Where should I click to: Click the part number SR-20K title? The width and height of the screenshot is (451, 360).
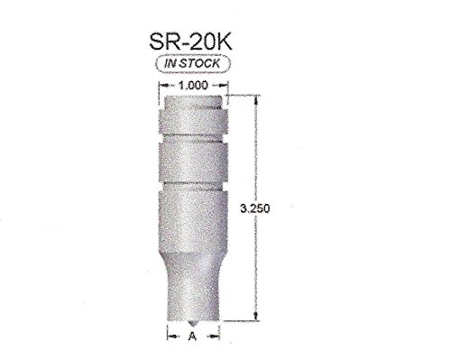(x=190, y=42)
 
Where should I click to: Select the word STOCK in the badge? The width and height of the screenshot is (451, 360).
(x=200, y=63)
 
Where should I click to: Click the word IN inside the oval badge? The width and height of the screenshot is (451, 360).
(x=170, y=63)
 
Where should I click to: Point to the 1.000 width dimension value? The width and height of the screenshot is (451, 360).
(x=193, y=86)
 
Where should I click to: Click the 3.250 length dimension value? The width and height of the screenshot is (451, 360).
(x=255, y=208)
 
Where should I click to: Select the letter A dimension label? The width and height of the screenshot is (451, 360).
(x=192, y=336)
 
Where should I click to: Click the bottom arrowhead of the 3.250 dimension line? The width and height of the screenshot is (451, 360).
(x=256, y=316)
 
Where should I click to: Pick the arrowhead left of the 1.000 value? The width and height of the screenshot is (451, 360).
(x=163, y=86)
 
